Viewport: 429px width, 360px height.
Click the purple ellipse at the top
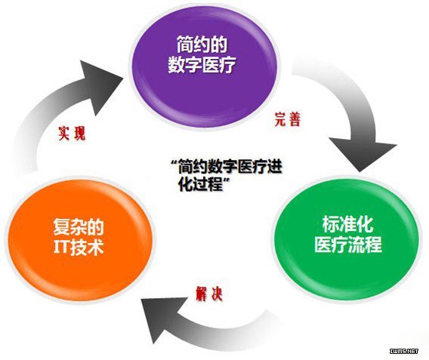click(x=203, y=67)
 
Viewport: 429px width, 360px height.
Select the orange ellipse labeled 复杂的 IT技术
click(x=80, y=238)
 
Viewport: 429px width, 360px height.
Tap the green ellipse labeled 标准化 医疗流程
click(x=347, y=237)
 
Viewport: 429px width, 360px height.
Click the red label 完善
click(x=287, y=119)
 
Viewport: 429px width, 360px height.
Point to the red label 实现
click(x=72, y=134)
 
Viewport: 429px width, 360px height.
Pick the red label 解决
click(x=209, y=294)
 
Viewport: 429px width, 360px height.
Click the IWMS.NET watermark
click(x=404, y=351)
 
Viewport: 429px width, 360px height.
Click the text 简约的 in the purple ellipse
click(x=202, y=45)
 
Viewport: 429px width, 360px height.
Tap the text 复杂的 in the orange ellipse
click(x=79, y=227)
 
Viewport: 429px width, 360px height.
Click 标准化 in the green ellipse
click(x=347, y=225)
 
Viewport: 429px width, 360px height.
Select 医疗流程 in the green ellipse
click(x=347, y=244)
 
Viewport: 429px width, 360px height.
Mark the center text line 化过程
click(x=200, y=184)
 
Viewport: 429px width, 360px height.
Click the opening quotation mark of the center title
click(x=174, y=162)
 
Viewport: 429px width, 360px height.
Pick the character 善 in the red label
click(x=295, y=119)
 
